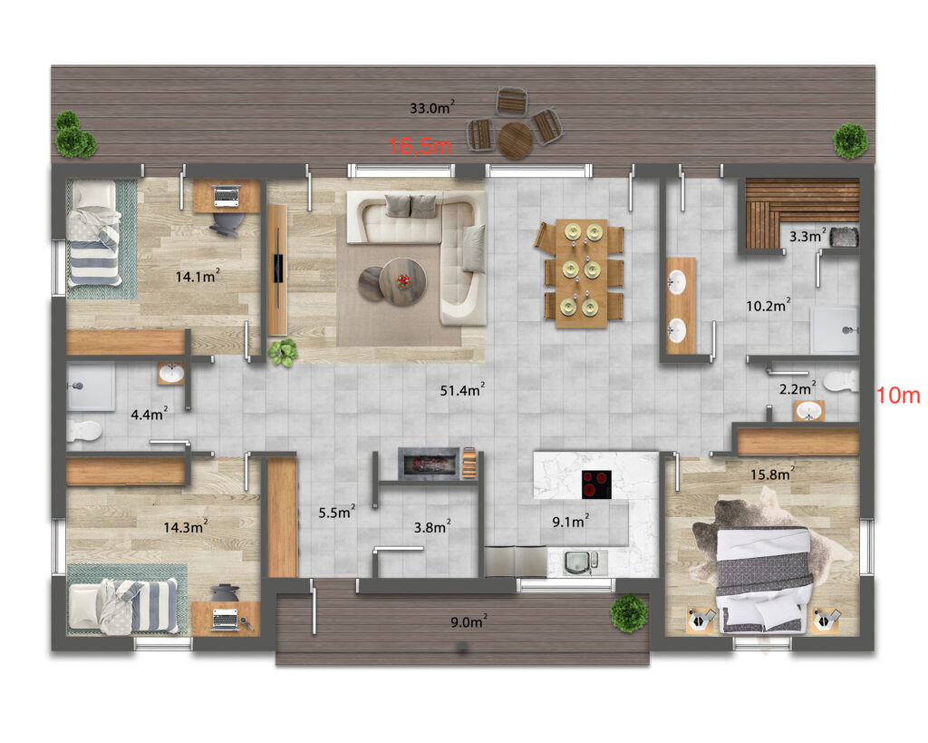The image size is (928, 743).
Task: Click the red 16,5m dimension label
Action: click(x=420, y=146)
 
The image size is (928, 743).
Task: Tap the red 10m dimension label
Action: click(x=898, y=396)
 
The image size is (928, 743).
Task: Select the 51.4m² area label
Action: click(x=462, y=390)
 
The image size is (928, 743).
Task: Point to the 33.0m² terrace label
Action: click(x=432, y=107)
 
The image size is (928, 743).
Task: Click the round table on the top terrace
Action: click(x=516, y=140)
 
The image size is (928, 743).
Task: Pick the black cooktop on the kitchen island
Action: click(x=596, y=484)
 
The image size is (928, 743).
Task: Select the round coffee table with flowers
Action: click(x=402, y=282)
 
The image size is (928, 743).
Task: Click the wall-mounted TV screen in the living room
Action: click(x=277, y=269)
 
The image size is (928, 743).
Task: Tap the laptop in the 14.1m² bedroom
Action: click(x=226, y=196)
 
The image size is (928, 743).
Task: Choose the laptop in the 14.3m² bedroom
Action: click(x=225, y=619)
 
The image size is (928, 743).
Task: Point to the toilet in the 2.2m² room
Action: click(x=841, y=381)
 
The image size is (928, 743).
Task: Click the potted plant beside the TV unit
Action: click(x=283, y=353)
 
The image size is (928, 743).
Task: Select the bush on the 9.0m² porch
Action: click(x=629, y=613)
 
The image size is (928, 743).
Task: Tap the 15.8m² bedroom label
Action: click(x=772, y=474)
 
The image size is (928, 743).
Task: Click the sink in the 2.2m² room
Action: click(x=809, y=411)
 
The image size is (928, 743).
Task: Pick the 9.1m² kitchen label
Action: click(x=571, y=522)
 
